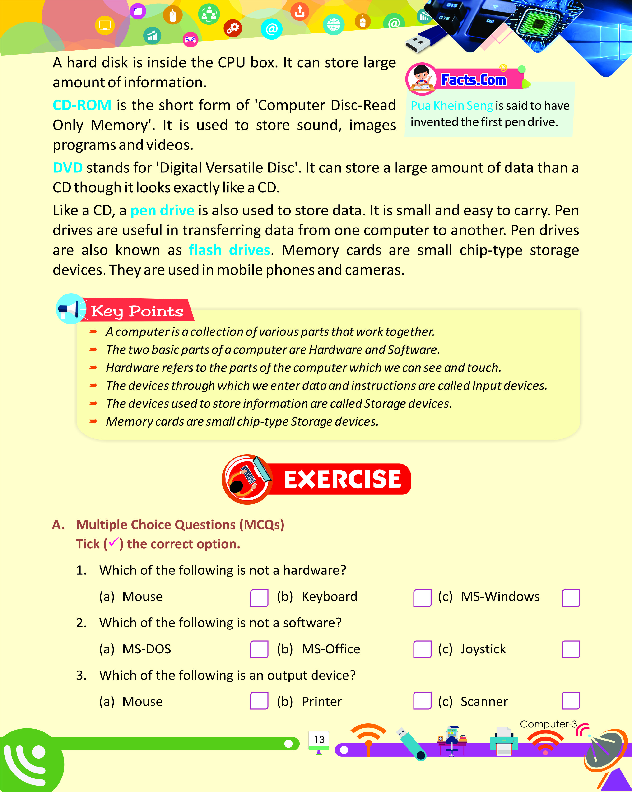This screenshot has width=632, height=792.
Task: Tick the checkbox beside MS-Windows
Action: [x=570, y=598]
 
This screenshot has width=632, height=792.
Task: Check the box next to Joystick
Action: [x=570, y=649]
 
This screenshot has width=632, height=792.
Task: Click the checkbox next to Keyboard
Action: [x=422, y=598]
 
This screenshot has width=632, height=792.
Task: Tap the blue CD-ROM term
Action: [x=82, y=105]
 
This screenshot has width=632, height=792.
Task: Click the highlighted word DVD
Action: [x=68, y=168]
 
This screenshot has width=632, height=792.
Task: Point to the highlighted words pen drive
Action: [x=162, y=210]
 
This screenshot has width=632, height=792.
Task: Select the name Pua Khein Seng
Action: [x=451, y=106]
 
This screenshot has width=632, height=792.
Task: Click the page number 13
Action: [x=319, y=740]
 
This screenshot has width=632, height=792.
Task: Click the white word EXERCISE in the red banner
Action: [x=342, y=479]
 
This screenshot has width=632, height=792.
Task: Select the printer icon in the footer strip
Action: [x=504, y=741]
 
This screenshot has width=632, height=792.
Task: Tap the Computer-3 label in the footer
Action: [x=548, y=724]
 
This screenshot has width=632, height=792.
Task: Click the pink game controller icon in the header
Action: [x=190, y=39]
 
